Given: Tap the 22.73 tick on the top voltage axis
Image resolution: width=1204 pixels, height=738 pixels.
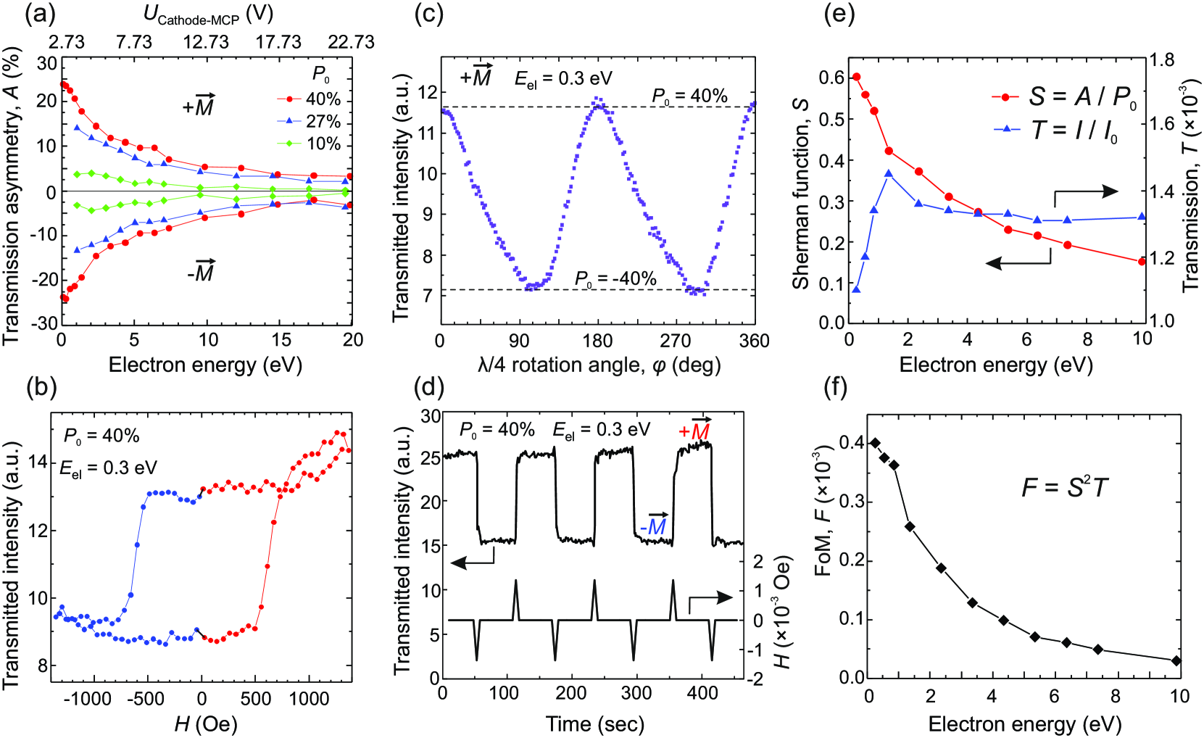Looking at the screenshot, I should pyautogui.click(x=351, y=43).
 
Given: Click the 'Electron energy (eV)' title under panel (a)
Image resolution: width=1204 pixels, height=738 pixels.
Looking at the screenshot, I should pyautogui.click(x=205, y=365).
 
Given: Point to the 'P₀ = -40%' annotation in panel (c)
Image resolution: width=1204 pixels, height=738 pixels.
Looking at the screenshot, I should pyautogui.click(x=615, y=279).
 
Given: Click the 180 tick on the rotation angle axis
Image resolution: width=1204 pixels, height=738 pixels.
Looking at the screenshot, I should pyautogui.click(x=597, y=341).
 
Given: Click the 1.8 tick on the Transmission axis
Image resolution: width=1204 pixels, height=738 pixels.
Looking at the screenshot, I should pyautogui.click(x=1161, y=60).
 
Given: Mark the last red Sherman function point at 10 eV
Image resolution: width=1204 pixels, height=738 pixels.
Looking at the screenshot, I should pyautogui.click(x=1142, y=262).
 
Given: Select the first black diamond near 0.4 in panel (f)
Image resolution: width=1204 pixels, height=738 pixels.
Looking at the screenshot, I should pyautogui.click(x=875, y=443).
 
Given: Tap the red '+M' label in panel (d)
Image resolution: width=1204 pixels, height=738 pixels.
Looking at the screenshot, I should pyautogui.click(x=694, y=429).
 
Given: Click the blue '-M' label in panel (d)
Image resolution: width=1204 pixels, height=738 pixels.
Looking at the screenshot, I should pyautogui.click(x=654, y=526).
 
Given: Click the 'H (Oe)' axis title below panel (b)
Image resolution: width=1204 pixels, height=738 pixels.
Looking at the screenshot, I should pyautogui.click(x=205, y=724).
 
